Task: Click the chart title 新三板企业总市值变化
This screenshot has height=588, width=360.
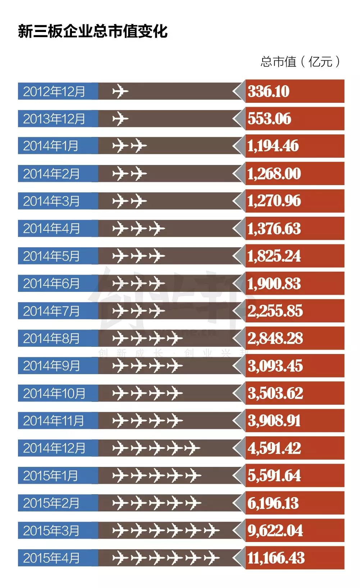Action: (x=92, y=32)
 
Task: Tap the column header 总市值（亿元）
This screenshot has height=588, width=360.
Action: (x=300, y=61)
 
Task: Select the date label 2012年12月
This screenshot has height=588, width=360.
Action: (x=54, y=91)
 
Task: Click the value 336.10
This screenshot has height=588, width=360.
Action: (x=269, y=91)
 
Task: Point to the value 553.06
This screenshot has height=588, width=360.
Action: (x=269, y=119)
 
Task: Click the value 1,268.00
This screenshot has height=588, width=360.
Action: (x=274, y=174)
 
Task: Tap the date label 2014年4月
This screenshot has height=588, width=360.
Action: (x=51, y=229)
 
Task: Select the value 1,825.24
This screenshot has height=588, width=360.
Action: (x=274, y=256)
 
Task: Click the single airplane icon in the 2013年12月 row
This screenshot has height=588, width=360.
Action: (x=120, y=119)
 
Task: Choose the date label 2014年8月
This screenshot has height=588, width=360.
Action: (x=51, y=339)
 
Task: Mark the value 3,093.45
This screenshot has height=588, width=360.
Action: (x=275, y=366)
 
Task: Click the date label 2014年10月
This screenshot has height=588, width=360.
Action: (x=54, y=394)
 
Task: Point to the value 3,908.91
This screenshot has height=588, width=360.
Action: (x=274, y=421)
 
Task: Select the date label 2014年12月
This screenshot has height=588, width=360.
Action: (x=54, y=448)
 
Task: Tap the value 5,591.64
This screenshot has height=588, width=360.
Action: (x=274, y=476)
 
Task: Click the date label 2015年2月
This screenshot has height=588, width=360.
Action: (x=51, y=503)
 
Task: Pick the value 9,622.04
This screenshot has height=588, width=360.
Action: (x=275, y=530)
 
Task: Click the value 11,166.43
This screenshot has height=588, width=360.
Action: (x=276, y=558)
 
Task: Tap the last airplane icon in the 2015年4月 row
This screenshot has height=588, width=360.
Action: (x=211, y=558)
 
